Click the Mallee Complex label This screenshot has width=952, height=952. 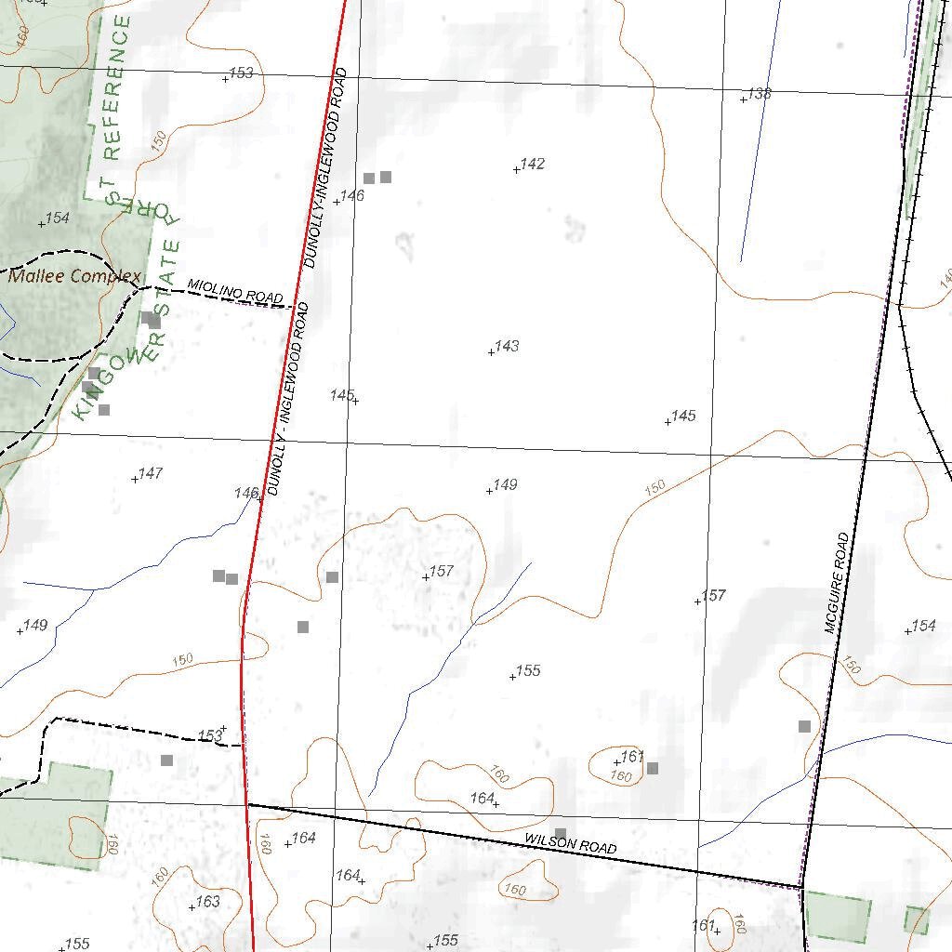74,276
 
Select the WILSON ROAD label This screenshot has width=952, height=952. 570,844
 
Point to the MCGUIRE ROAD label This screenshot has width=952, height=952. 837,583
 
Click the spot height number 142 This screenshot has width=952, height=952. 532,165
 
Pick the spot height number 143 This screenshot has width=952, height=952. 507,347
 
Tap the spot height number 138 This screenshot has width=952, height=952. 760,93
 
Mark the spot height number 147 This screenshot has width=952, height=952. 151,473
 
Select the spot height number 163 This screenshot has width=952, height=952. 207,902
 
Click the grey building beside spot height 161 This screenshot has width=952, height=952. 653,768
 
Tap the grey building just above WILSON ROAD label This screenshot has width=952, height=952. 560,833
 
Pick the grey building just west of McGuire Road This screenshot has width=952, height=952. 804,726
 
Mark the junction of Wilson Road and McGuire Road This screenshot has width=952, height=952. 801,887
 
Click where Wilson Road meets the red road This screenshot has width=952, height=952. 248,805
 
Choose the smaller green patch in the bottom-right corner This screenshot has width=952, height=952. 916,920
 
